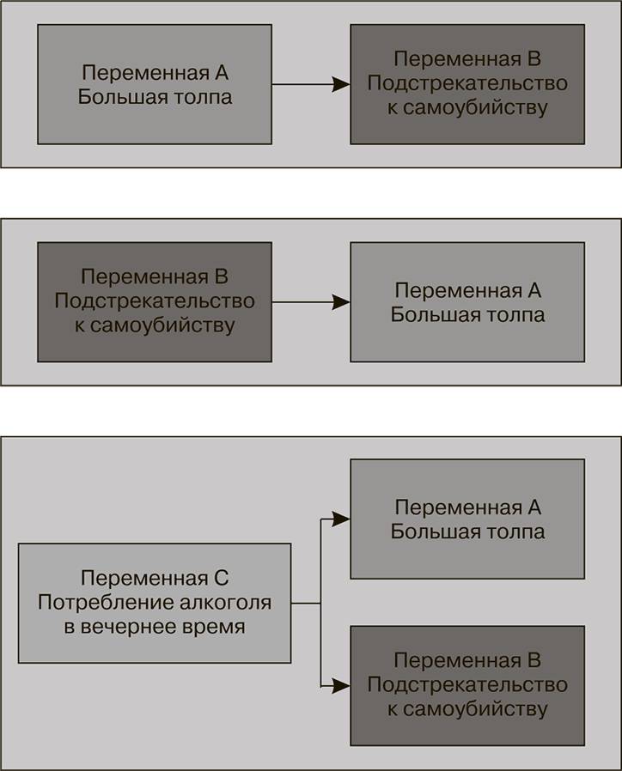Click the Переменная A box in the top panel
click(x=155, y=83)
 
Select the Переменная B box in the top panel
click(x=467, y=83)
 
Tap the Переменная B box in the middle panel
click(x=155, y=301)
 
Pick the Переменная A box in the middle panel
click(x=467, y=301)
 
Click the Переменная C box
click(x=155, y=603)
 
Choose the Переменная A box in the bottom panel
click(x=467, y=519)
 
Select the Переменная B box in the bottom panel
click(x=467, y=685)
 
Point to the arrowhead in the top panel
click(x=342, y=84)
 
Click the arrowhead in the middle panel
click(x=342, y=302)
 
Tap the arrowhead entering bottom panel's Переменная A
click(x=342, y=519)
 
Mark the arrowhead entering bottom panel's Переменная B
click(x=342, y=686)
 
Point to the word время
click(x=212, y=627)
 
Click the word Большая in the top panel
click(x=114, y=96)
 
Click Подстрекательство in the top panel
click(x=467, y=84)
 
